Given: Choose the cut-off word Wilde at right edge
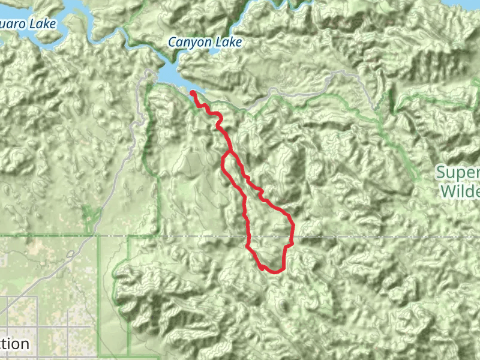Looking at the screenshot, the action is coord(460,192).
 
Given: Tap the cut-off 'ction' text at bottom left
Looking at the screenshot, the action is coord(14,344).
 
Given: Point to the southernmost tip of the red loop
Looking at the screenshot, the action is coord(273,272).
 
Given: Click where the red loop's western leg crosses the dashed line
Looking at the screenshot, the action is coord(247,236).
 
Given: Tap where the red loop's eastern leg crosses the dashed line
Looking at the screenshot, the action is coord(292,236).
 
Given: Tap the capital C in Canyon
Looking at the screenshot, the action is coord(172,42).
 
